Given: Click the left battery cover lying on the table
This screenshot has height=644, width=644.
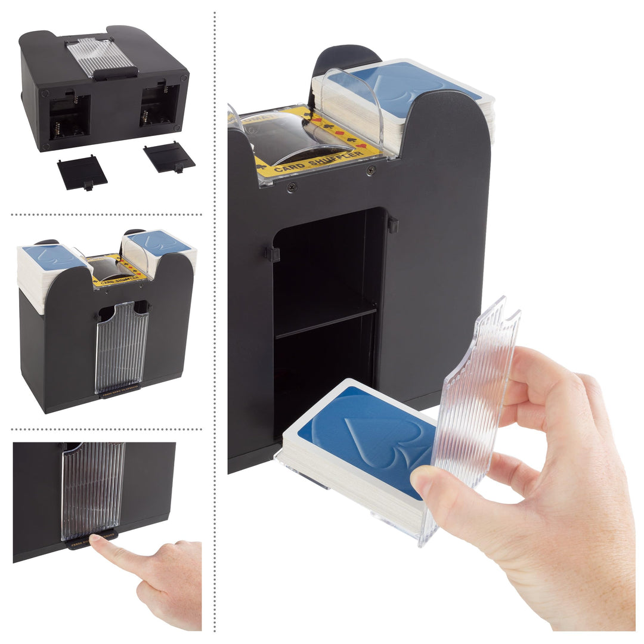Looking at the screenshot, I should coord(82,172).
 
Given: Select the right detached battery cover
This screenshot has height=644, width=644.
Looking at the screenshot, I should coord(169,157).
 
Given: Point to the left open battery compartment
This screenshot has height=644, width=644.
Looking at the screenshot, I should coord(69,116).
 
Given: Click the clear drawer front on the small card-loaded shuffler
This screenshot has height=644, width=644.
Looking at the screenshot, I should coord(122,346).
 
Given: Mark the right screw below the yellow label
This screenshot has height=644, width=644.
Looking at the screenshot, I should coord(371,171).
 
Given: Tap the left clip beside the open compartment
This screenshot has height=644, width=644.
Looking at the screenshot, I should coord(272,255).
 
